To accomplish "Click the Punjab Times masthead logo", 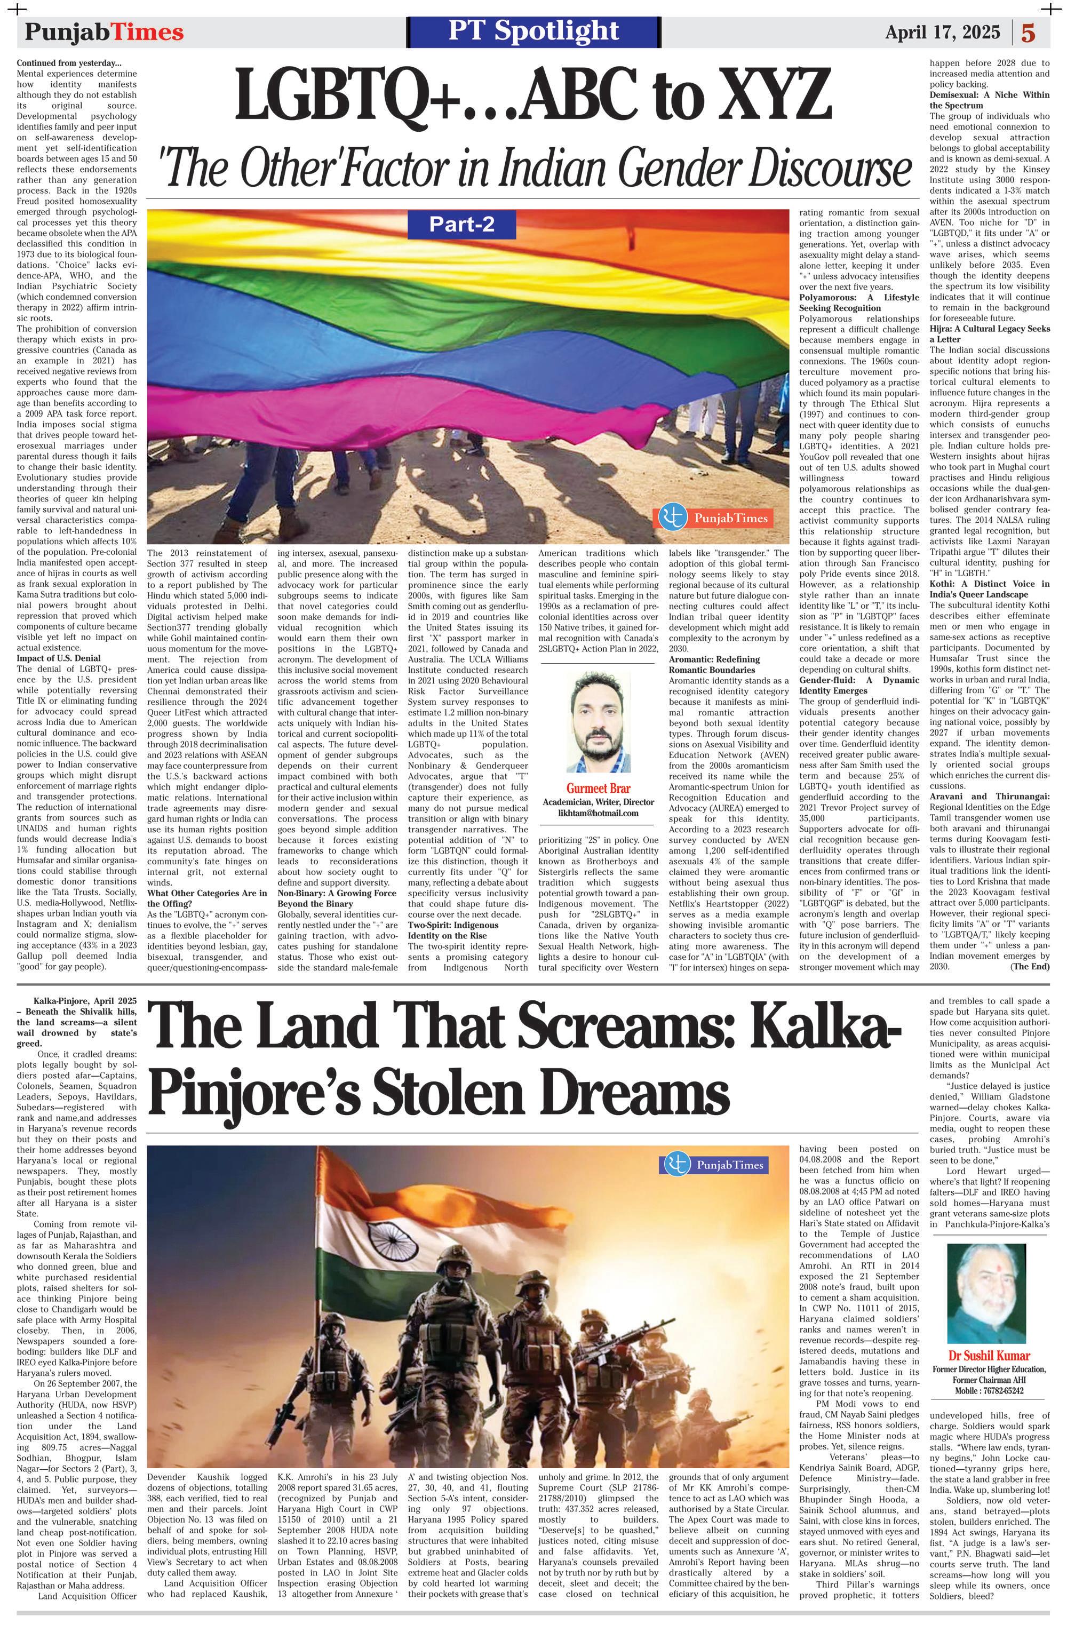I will (104, 32).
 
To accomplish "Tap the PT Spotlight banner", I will (533, 31).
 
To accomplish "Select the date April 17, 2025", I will (942, 32).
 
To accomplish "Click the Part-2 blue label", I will (461, 224).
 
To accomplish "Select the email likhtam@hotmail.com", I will (598, 813).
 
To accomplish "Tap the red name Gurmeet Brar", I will (598, 788).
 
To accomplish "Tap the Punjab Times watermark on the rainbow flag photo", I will (715, 518).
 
